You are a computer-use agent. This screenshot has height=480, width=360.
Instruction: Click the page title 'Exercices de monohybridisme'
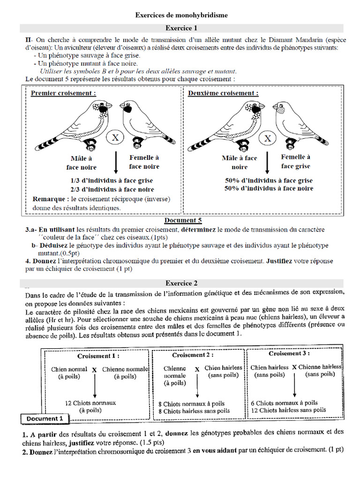181,15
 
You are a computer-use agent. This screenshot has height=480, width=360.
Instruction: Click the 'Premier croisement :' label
64,93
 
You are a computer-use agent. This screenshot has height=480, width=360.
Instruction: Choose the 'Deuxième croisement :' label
223,93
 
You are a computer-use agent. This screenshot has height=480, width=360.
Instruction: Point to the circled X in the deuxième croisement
268,138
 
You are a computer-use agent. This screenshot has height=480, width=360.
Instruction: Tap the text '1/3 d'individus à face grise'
112,180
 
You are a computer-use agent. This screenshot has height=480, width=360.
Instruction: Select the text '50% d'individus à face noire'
269,188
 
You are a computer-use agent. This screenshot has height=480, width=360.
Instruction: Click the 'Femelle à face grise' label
295,162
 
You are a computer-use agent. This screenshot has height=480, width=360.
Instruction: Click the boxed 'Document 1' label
45,419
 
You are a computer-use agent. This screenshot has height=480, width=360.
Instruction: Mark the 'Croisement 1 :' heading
95,356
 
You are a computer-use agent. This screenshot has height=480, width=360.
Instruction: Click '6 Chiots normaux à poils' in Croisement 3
284,403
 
